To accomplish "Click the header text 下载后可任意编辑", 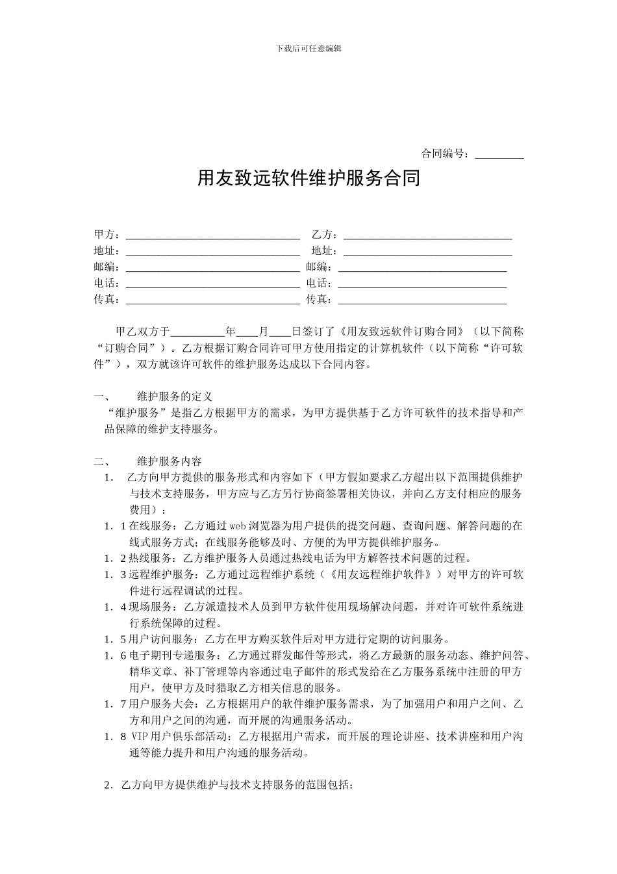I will pos(308,48).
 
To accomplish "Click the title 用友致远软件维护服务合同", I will pos(308,178).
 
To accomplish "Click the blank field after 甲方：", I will pos(212,235).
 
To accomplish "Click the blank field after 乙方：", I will pos(427,235).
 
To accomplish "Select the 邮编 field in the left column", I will pos(212,267).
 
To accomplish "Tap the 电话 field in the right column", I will pos(422,284).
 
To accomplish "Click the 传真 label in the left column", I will pos(106,299).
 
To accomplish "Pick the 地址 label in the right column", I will pos(323,251).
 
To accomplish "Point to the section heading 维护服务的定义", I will pos(175,396).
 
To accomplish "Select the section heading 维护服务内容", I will pos(170,461).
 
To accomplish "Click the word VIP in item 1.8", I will pos(140,737).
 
